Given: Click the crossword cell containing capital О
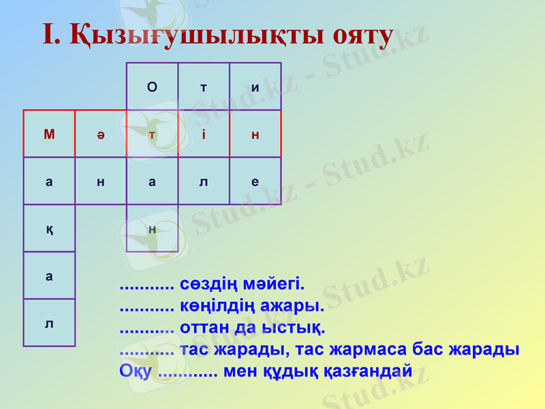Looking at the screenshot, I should pos(152,87).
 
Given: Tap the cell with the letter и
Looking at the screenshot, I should pos(255,87).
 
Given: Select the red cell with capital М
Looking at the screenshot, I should pos(49,134).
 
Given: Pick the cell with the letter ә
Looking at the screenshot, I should pos(101,134).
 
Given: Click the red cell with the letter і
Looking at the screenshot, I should pos(204,134).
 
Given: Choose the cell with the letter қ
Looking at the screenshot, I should pos(49,228).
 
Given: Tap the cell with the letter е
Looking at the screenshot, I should pos(255,181).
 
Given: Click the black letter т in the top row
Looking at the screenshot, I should pos(204,87).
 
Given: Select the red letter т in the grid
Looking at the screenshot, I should pos(152,134).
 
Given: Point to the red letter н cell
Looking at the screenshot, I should pos(255,134).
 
